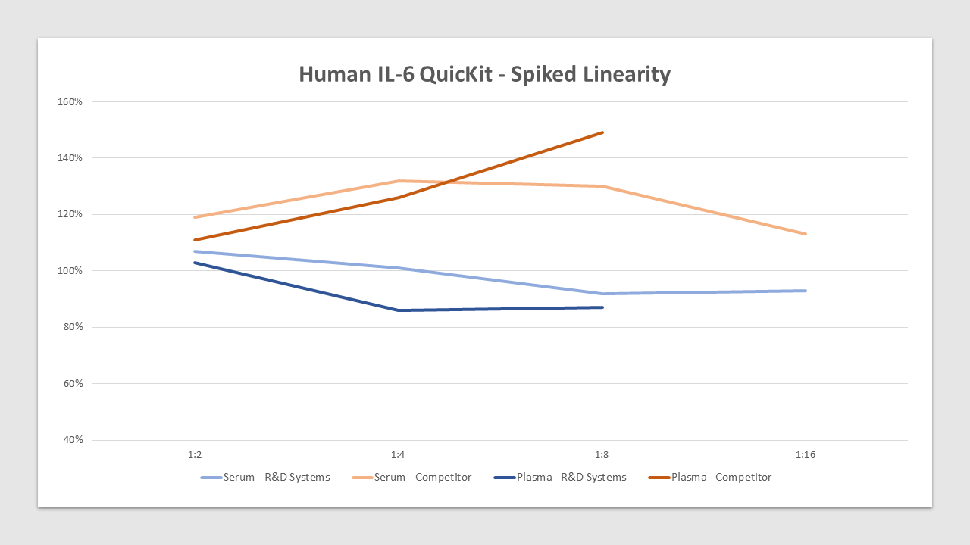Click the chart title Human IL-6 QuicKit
point(484,74)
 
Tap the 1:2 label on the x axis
point(195,455)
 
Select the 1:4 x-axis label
point(399,455)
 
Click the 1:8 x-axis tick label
point(602,455)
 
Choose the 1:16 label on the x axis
point(806,455)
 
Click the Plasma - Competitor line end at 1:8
point(602,132)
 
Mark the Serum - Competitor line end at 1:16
point(806,234)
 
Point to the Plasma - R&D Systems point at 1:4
point(399,310)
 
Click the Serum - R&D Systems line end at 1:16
point(806,291)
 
